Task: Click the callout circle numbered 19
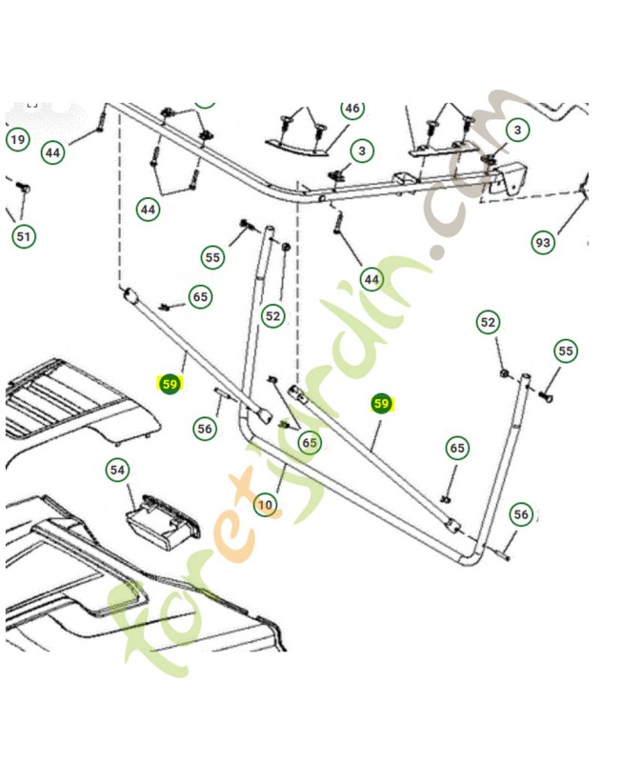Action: click(18, 140)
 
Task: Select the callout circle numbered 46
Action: click(352, 109)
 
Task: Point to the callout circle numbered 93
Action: click(542, 243)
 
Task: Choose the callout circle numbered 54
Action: click(117, 470)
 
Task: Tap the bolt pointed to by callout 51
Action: click(23, 188)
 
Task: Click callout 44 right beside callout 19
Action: click(53, 151)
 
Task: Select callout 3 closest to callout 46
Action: click(362, 150)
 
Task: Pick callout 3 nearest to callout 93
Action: click(517, 129)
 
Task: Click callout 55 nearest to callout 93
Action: click(566, 351)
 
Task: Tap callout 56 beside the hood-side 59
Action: click(206, 429)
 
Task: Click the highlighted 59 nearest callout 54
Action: click(170, 385)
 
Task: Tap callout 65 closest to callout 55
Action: click(200, 297)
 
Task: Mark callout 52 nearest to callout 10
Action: click(273, 315)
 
